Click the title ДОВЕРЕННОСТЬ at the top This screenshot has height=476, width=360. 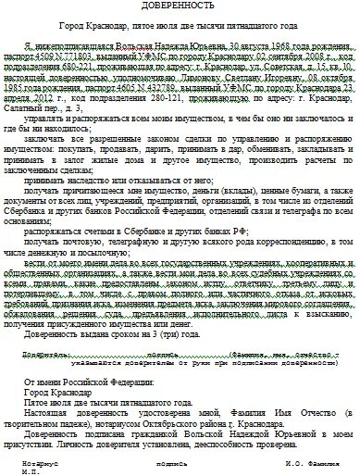[x=180, y=9]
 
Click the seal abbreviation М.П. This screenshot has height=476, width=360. [x=12, y=470]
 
